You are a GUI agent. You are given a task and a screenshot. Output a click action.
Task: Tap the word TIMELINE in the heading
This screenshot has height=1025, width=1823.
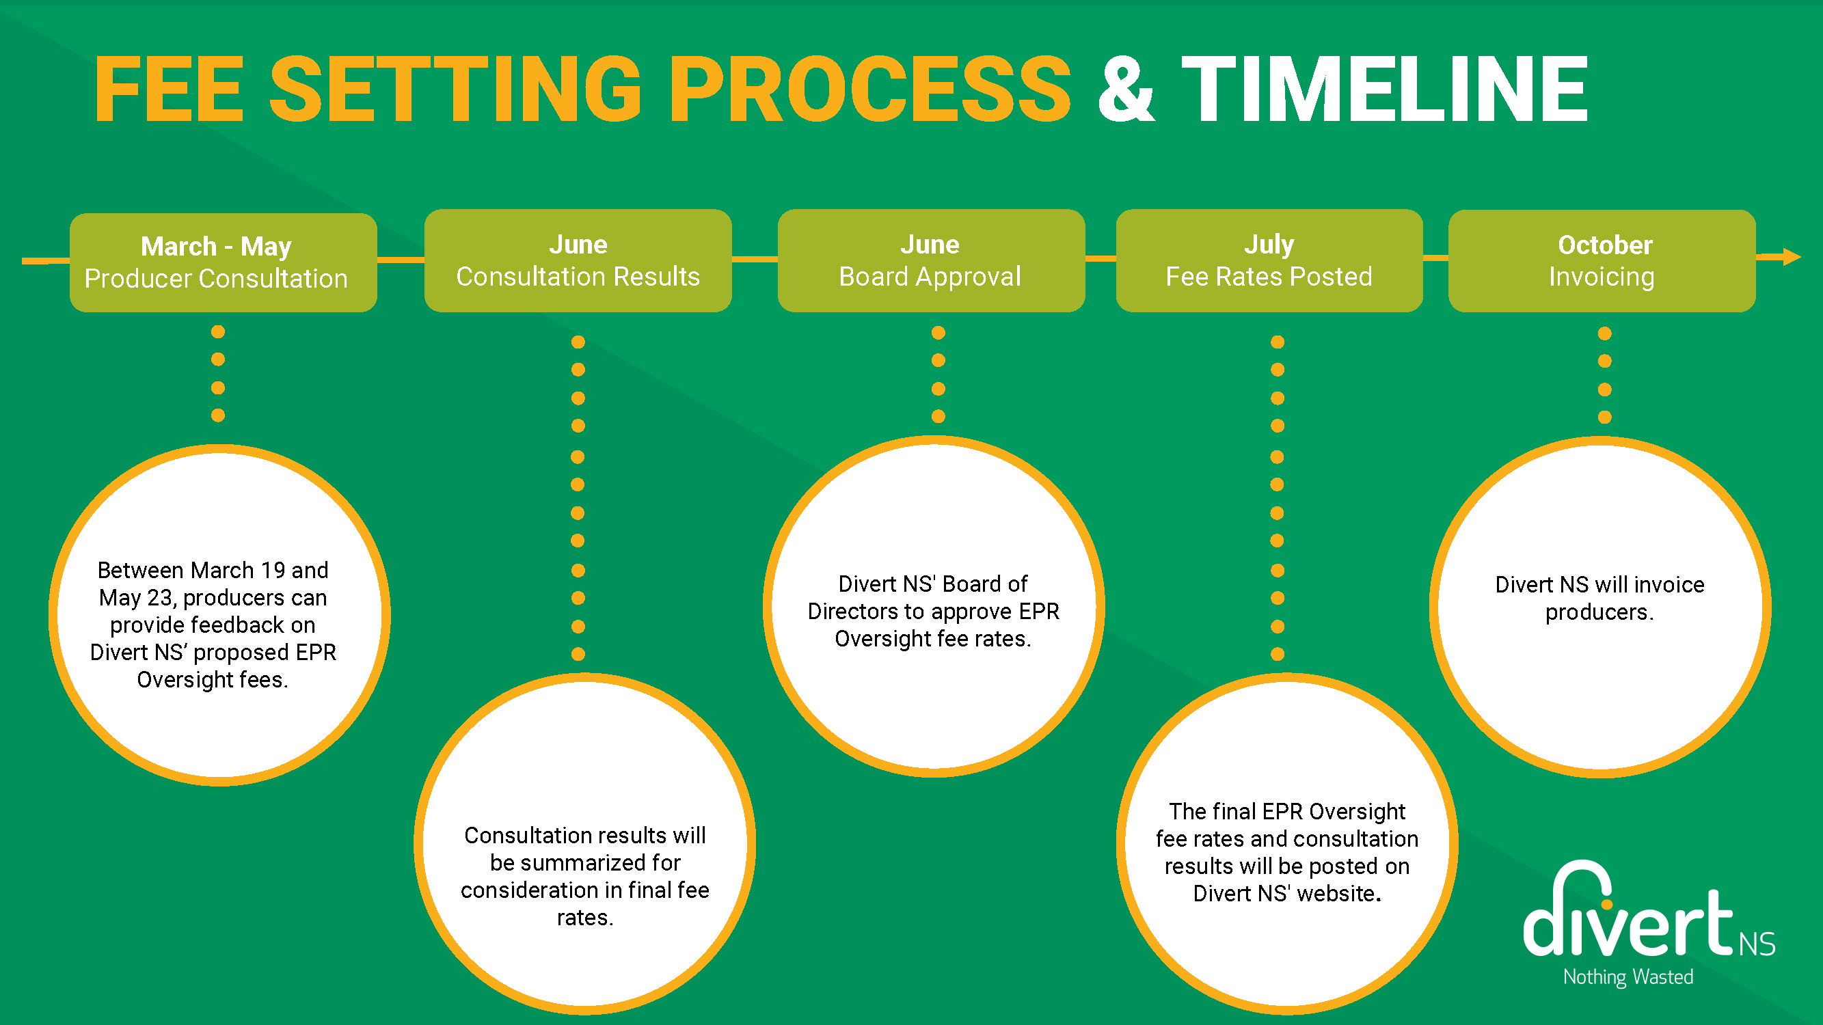click(x=1385, y=89)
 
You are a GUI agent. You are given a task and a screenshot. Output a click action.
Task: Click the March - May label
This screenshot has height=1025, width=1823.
click(x=216, y=246)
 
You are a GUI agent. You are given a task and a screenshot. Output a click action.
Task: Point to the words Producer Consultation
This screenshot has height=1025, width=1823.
click(x=216, y=279)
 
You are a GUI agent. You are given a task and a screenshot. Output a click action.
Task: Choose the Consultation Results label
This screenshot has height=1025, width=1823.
click(x=578, y=277)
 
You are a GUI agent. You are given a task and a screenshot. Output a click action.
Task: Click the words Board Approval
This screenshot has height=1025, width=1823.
click(x=930, y=277)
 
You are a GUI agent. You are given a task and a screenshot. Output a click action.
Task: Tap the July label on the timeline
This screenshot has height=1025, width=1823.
click(x=1269, y=245)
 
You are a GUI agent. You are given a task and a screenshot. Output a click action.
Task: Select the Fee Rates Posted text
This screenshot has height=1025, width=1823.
click(x=1269, y=277)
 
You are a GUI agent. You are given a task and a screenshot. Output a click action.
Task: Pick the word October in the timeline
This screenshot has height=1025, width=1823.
click(x=1604, y=245)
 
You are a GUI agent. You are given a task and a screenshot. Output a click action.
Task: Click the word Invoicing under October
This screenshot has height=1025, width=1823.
click(x=1602, y=277)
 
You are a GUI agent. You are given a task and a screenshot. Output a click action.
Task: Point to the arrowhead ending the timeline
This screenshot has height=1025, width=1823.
click(x=1792, y=257)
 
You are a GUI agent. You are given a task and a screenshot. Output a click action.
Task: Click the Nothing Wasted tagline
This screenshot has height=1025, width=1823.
click(x=1628, y=977)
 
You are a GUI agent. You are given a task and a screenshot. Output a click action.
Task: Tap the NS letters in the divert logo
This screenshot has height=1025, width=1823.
click(x=1757, y=944)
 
